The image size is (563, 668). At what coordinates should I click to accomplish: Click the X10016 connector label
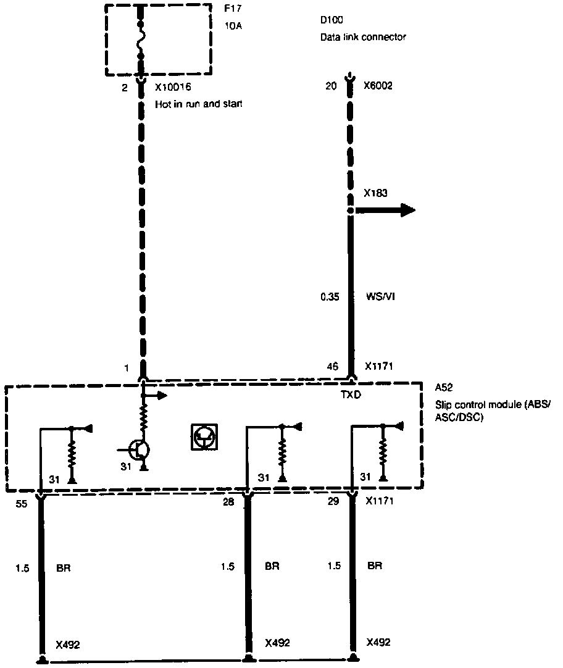172,88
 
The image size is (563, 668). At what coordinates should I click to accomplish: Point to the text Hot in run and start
198,104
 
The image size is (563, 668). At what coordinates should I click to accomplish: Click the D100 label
332,20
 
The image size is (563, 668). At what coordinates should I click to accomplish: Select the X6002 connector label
378,86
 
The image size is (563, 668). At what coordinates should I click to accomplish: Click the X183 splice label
375,193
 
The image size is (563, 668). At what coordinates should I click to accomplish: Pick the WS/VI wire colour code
380,296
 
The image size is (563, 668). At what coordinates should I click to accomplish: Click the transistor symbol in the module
140,450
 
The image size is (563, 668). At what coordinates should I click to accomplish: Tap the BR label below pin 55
63,567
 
